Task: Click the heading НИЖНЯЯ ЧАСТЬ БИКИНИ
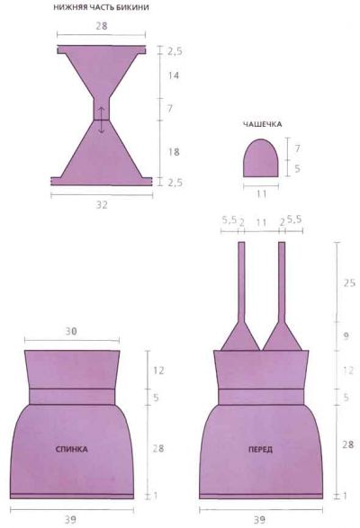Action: [101, 7]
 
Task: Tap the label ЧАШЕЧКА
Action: [262, 124]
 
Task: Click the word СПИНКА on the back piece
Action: [71, 449]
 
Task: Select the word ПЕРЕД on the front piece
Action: [261, 449]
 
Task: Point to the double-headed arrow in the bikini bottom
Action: [102, 120]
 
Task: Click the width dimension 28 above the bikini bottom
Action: [102, 26]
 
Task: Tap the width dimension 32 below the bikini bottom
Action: [102, 205]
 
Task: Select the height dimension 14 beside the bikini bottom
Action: [174, 76]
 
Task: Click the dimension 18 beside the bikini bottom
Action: [174, 152]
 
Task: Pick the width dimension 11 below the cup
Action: [261, 194]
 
